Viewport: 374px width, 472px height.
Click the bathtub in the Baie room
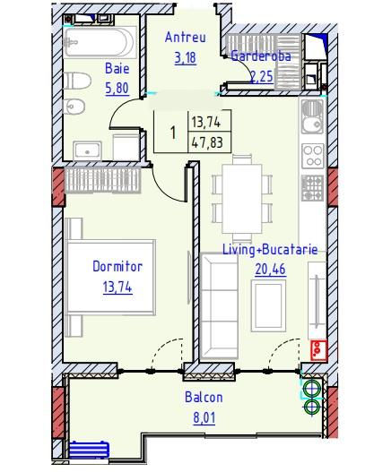pyautogui.click(x=100, y=42)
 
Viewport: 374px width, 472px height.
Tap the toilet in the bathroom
pyautogui.click(x=77, y=81)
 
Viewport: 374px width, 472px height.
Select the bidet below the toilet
pyautogui.click(x=74, y=107)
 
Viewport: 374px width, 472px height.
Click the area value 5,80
pyautogui.click(x=117, y=88)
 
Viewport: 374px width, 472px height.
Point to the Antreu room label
pyautogui.click(x=186, y=38)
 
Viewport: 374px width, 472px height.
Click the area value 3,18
pyautogui.click(x=186, y=57)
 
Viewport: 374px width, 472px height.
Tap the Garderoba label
pyautogui.click(x=261, y=56)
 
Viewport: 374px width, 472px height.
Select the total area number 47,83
pyautogui.click(x=207, y=142)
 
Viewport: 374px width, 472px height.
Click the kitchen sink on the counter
pyautogui.click(x=312, y=116)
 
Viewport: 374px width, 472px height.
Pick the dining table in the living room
pyautogui.click(x=242, y=199)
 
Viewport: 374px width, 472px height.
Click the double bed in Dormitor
pyautogui.click(x=110, y=278)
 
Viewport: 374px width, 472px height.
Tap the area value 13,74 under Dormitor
pyautogui.click(x=117, y=287)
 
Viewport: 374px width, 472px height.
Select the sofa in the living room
pyautogui.click(x=219, y=305)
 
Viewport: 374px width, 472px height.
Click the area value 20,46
pyautogui.click(x=270, y=269)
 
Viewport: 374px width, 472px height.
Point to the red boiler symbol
pyautogui.click(x=318, y=350)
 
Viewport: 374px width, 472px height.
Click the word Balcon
pyautogui.click(x=204, y=397)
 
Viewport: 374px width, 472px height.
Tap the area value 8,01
pyautogui.click(x=204, y=418)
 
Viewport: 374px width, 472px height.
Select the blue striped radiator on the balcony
pyautogui.click(x=89, y=451)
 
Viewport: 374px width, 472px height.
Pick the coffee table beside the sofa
pyautogui.click(x=268, y=305)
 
